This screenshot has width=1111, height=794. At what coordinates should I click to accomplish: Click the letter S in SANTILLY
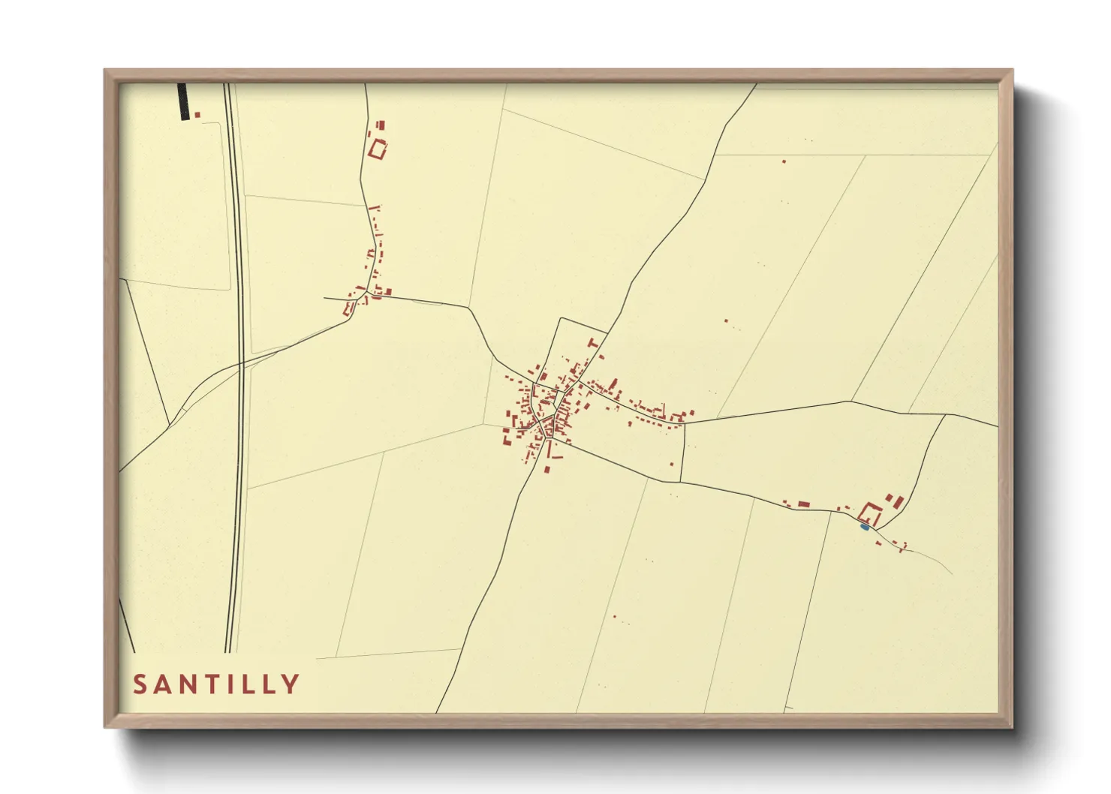click(x=140, y=684)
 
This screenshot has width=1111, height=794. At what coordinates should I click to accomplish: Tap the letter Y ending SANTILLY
click(x=291, y=684)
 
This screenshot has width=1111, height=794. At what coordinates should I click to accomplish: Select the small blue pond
click(x=864, y=527)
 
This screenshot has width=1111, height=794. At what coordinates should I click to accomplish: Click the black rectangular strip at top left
click(x=182, y=101)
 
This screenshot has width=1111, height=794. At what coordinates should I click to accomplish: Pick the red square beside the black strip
click(x=197, y=115)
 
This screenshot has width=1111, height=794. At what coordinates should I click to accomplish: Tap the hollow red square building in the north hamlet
click(x=378, y=149)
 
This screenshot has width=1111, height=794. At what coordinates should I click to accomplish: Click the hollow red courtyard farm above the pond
click(x=870, y=514)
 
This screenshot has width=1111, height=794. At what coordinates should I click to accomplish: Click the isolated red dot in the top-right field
click(x=784, y=161)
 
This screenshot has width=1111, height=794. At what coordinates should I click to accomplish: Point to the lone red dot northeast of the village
click(x=726, y=321)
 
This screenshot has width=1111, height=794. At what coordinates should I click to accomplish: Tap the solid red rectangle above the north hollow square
click(x=381, y=125)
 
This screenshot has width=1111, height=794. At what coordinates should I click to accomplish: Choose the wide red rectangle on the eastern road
click(x=803, y=504)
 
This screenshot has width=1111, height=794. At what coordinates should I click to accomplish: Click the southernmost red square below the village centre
click(x=546, y=470)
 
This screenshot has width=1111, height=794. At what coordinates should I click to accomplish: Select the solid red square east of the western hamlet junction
click(x=388, y=291)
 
